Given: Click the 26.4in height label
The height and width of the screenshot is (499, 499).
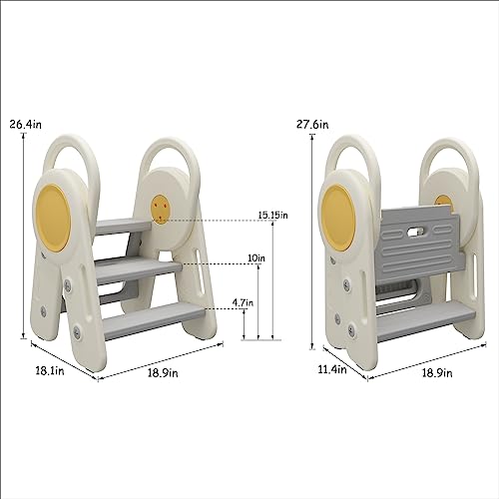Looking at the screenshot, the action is point(26,125).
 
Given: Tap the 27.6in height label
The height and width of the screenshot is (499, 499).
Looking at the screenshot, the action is point(312,125).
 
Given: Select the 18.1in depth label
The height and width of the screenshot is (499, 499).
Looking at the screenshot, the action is point(50,370).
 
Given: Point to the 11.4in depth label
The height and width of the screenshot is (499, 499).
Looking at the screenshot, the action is point(332,369).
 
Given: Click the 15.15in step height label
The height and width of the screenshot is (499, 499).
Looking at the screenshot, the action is point(273,216).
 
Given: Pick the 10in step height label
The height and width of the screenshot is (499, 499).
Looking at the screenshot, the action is point(256,257).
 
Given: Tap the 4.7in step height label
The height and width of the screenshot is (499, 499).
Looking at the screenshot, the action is point(243,302).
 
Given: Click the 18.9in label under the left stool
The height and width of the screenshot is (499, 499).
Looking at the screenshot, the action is point(163,373).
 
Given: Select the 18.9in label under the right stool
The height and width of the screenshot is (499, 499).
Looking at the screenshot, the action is point(437,373).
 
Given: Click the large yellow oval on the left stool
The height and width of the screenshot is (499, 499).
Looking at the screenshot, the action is point(53,217).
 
